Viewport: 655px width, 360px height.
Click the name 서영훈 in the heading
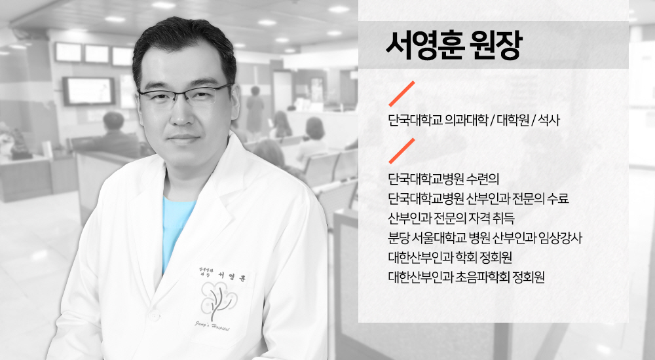tap(425, 45)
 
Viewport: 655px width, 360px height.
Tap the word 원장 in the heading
tap(496, 45)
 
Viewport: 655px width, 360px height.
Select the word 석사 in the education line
tap(548, 120)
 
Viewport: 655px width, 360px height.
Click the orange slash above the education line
tap(402, 94)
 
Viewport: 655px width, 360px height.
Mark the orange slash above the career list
tap(402, 151)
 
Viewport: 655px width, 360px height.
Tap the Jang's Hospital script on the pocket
tap(212, 326)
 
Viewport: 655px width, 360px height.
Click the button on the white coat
tap(154, 315)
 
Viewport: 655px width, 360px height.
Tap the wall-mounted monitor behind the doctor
tap(88, 90)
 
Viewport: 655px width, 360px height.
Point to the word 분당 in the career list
tap(398, 238)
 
